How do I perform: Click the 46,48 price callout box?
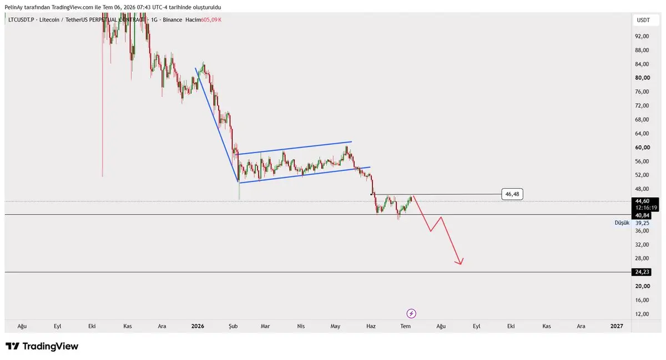point(512,194)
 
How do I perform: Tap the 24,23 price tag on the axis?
point(642,272)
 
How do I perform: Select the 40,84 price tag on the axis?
point(642,215)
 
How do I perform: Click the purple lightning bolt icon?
point(411,313)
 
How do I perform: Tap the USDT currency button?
point(643,20)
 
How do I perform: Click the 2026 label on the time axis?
point(198,326)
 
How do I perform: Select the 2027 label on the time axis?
point(617,326)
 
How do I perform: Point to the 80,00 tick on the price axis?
point(642,78)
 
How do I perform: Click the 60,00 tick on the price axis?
point(642,148)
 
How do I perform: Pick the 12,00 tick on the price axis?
point(642,314)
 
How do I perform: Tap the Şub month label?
point(233,326)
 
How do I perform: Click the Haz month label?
point(371,326)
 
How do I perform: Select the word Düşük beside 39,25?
point(622,222)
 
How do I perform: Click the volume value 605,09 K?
point(211,20)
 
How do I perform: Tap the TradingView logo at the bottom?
point(42,346)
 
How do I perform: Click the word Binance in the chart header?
point(172,20)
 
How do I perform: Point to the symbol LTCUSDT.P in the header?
point(21,20)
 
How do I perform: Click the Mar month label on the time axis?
point(265,326)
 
